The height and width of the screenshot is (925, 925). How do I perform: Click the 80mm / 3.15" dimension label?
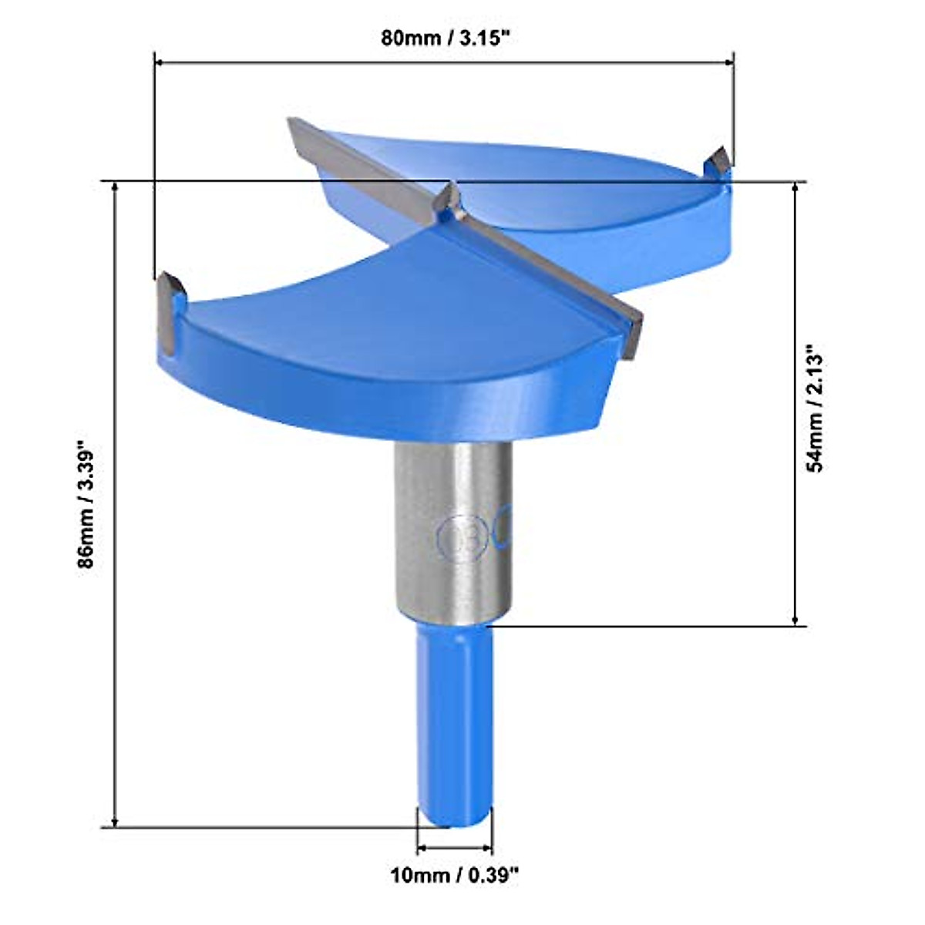pyautogui.click(x=446, y=38)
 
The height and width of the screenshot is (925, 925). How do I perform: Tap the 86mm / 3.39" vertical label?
pyautogui.click(x=86, y=504)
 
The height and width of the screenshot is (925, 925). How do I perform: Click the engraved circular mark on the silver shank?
pyautogui.click(x=462, y=537)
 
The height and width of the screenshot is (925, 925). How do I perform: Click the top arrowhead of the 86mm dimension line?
pyautogui.click(x=116, y=188)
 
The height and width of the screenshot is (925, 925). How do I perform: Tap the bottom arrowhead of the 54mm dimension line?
pyautogui.click(x=795, y=620)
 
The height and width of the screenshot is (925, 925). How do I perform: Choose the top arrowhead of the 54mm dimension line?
pyautogui.click(x=795, y=188)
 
